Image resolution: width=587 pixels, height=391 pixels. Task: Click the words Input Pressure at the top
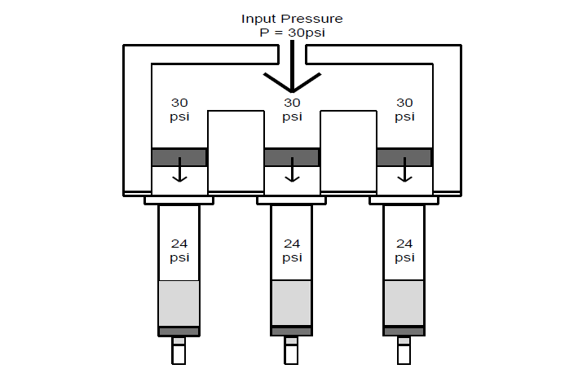coord(292,18)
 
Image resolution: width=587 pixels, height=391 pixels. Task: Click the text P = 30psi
coord(292,32)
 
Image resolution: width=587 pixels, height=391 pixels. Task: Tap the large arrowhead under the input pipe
coord(292,82)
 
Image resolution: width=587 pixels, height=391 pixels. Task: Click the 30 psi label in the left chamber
coord(179,109)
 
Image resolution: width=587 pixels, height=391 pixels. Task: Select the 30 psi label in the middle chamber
coord(292,109)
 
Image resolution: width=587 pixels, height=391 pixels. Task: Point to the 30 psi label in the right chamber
coord(404,109)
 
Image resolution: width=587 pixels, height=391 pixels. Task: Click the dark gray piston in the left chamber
coord(179,157)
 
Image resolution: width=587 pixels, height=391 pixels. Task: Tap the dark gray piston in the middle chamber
coord(292,157)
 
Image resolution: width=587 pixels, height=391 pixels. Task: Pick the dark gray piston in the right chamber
coord(404,157)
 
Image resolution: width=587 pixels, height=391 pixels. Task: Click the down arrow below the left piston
coord(179,174)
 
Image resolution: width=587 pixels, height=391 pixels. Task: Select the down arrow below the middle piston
coord(292,174)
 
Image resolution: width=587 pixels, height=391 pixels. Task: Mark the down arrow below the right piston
coord(404,174)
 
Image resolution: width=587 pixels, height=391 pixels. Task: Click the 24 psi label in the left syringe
coord(179,250)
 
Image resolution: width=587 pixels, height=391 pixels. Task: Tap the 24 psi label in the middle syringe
coord(292,250)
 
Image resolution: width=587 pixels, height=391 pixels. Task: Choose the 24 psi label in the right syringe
coord(404,250)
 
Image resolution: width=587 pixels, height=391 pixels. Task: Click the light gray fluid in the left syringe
coord(179,303)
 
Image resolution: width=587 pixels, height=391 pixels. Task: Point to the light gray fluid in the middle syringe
coord(291,303)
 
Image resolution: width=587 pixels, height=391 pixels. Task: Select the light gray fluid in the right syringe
coord(404,303)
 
